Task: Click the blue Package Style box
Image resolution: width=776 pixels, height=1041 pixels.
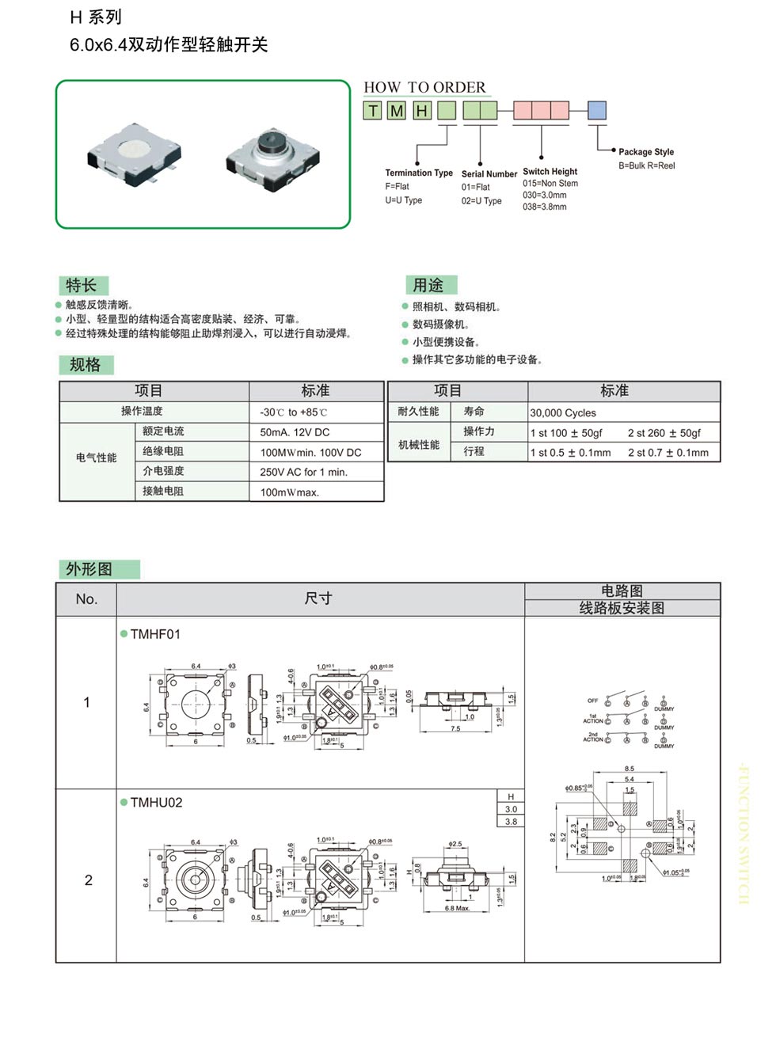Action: pos(597,110)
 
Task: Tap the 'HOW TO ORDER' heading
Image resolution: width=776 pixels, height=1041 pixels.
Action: pos(424,87)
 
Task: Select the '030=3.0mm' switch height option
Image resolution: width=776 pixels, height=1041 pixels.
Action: pos(545,195)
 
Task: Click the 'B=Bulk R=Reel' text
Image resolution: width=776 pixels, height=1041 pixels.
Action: pos(646,165)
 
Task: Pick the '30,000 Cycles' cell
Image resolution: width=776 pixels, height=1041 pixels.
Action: pos(563,412)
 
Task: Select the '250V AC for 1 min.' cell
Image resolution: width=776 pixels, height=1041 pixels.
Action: pos(303,472)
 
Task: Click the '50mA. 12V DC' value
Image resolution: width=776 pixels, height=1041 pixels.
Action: pos(295,432)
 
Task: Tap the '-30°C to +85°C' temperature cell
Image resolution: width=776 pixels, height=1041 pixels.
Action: pos(293,412)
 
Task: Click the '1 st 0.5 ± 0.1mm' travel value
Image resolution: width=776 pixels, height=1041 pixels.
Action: pos(570,453)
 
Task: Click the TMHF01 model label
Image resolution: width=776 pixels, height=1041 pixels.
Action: pos(155,634)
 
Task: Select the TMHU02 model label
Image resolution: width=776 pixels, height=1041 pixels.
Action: pos(156,802)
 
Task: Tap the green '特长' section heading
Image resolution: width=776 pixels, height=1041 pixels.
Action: pos(82,285)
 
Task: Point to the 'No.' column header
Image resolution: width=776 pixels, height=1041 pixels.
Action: pos(86,599)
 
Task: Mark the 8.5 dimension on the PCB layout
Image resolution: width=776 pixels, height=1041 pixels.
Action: pos(629,769)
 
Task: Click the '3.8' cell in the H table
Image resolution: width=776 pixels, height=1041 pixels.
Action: pos(511,822)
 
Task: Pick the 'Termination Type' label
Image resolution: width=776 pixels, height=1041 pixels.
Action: pos(419,173)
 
